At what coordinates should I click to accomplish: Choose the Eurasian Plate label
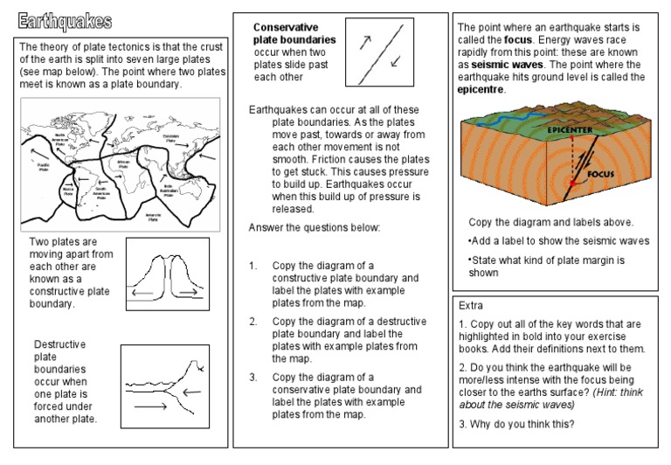[171, 137]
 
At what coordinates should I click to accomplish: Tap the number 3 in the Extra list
[460, 425]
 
